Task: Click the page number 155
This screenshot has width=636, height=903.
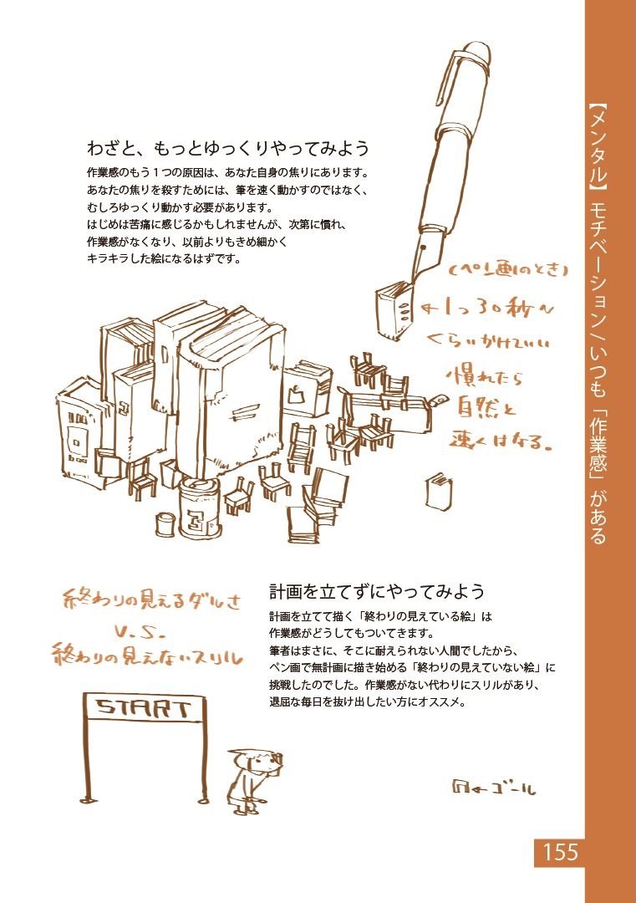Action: [560, 852]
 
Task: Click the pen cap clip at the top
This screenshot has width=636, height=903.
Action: [446, 84]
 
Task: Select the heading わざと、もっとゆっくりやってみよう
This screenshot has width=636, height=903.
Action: [227, 149]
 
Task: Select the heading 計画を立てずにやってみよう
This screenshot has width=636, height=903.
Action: [376, 592]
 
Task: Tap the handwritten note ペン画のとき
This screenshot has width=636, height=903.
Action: [509, 271]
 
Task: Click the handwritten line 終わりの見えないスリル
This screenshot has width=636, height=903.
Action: [147, 655]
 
